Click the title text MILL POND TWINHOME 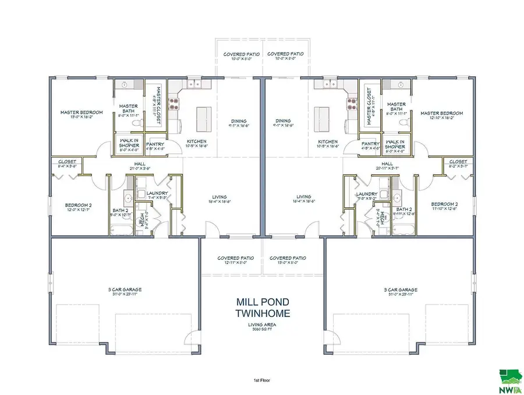point(263,308)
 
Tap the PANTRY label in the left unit point(155,144)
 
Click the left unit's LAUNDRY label point(157,193)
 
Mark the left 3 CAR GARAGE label point(125,290)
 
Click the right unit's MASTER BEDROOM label point(442,113)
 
